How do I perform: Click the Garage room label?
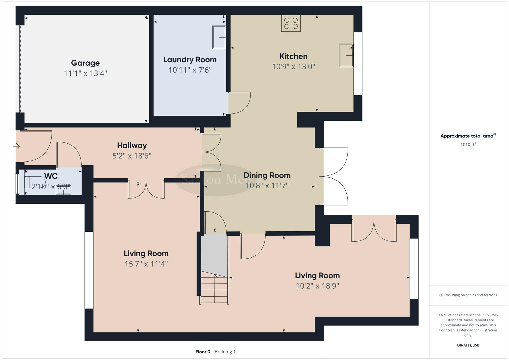[85, 63]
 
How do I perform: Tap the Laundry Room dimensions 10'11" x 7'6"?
[190, 70]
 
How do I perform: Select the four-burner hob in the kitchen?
[291, 23]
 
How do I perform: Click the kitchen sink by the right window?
[346, 55]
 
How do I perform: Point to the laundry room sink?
[219, 37]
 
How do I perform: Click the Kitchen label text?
[293, 56]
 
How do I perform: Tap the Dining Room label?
[267, 175]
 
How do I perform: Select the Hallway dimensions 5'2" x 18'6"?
[132, 156]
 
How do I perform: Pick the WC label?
[51, 176]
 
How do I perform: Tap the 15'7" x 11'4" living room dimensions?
[146, 264]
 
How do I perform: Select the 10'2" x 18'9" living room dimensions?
[317, 286]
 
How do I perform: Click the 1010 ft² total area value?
[468, 144]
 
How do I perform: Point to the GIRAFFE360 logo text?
[468, 345]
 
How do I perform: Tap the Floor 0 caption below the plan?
[203, 352]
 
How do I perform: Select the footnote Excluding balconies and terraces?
[468, 295]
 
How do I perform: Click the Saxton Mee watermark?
[213, 179]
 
